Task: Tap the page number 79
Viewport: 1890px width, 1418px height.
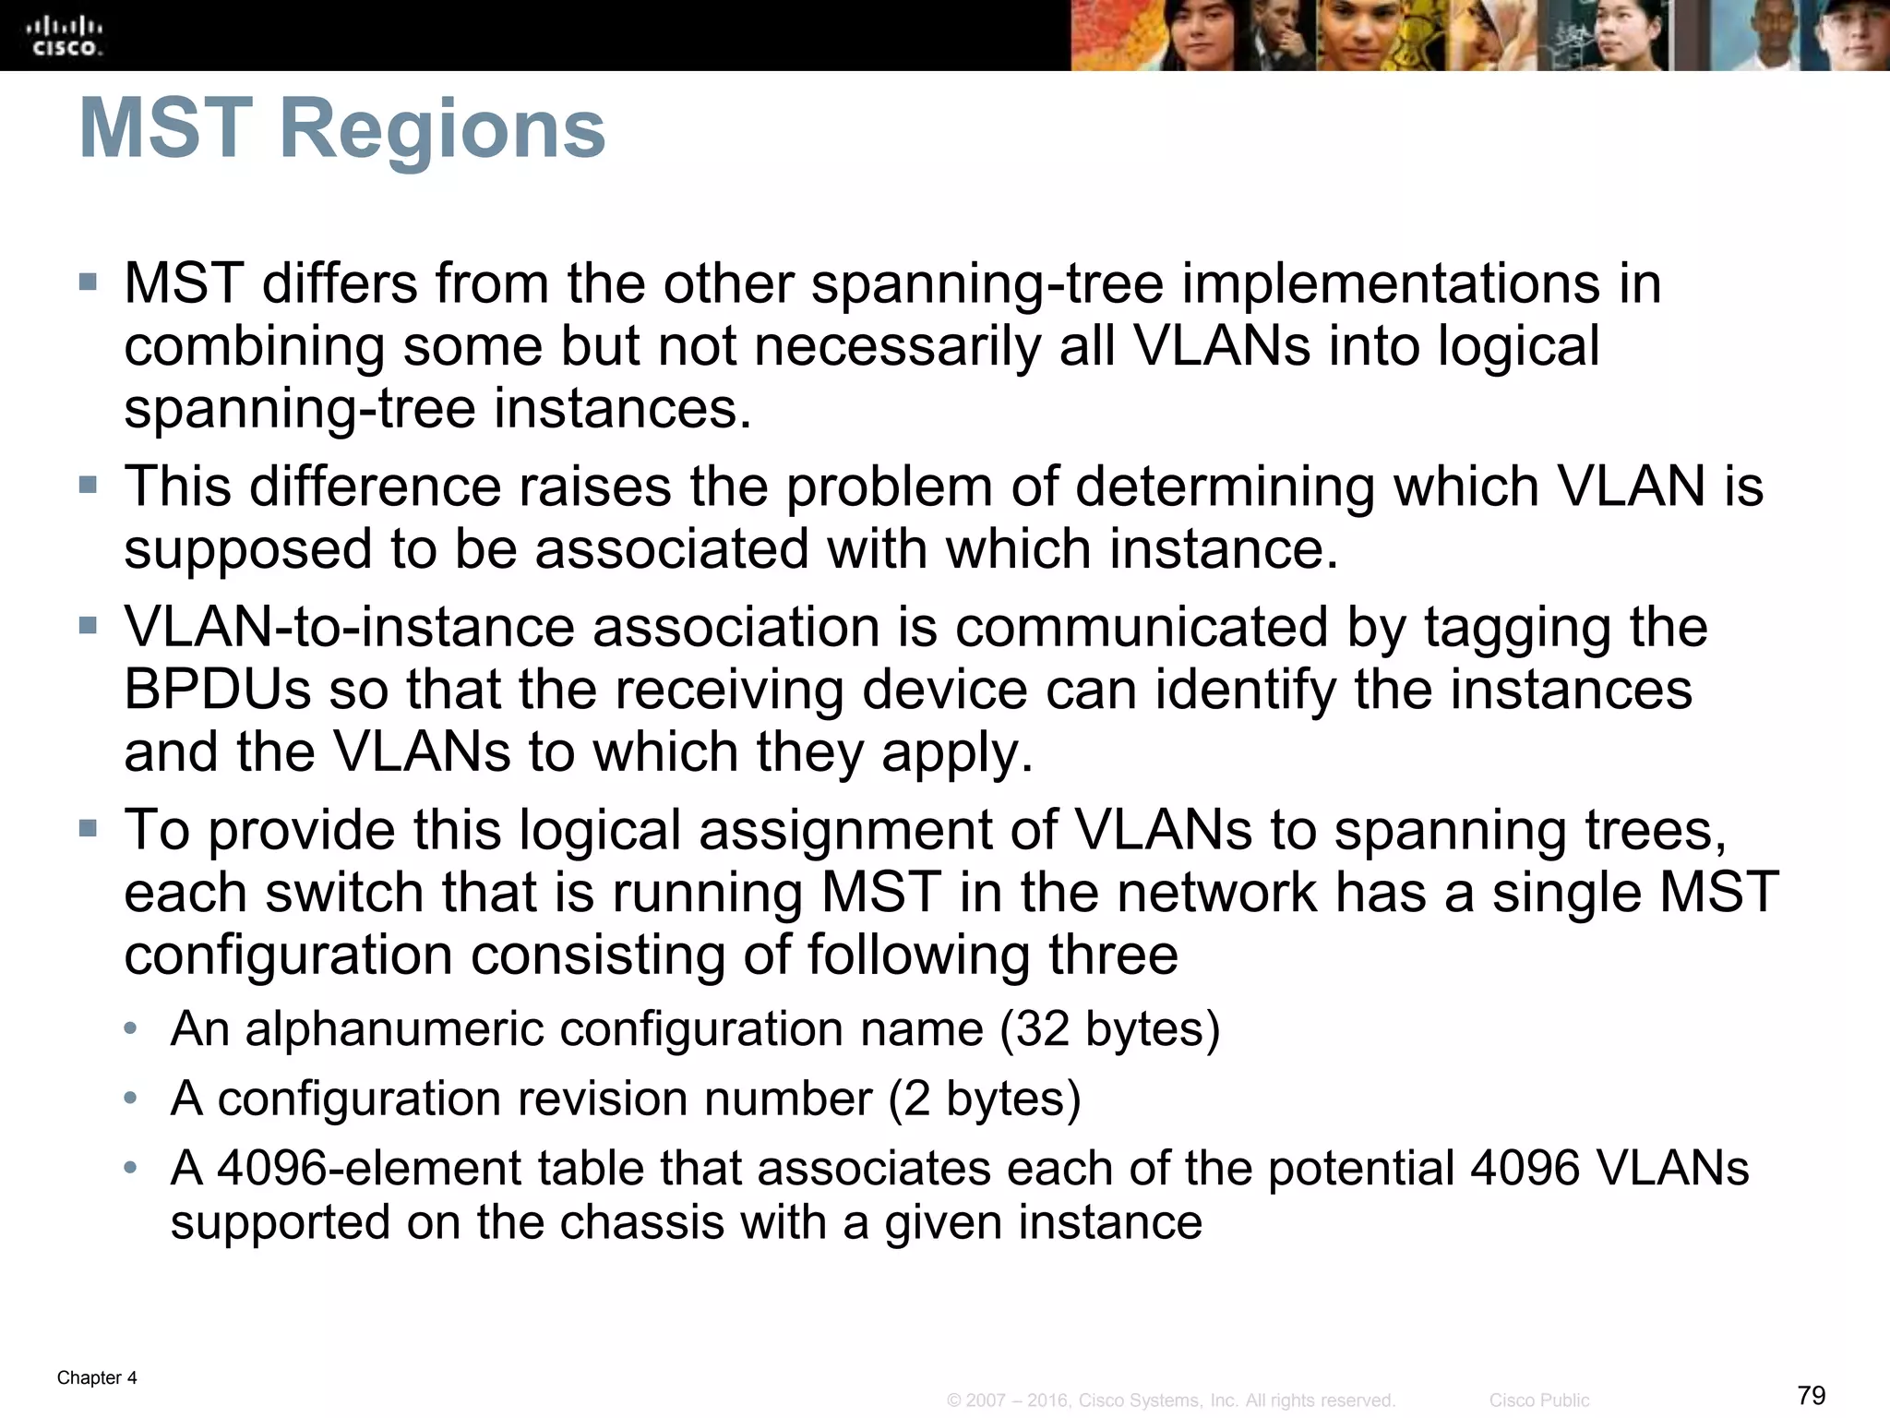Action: pyautogui.click(x=1812, y=1394)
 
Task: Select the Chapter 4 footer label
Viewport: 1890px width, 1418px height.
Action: pyautogui.click(x=97, y=1377)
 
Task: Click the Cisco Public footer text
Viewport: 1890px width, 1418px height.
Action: pyautogui.click(x=1539, y=1400)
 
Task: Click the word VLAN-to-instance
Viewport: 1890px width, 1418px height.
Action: pyautogui.click(x=350, y=627)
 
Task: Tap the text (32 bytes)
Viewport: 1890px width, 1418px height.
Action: pyautogui.click(x=1110, y=1028)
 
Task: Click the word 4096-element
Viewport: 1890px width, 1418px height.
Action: pyautogui.click(x=370, y=1168)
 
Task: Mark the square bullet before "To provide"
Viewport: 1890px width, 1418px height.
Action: pyautogui.click(x=88, y=828)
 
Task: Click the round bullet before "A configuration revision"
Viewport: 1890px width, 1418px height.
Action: pyautogui.click(x=131, y=1099)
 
